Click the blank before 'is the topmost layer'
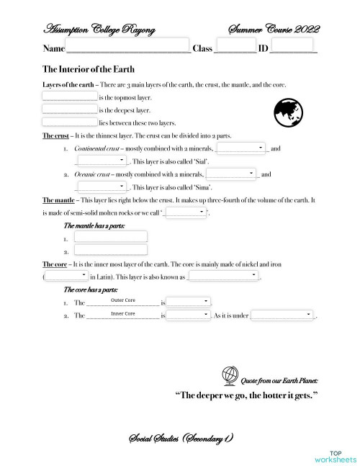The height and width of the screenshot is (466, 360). coord(69,97)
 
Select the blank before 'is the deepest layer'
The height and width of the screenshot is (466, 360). coord(69,109)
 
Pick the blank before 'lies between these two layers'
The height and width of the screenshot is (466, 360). coord(69,122)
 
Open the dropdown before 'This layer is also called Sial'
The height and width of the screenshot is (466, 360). coord(102,161)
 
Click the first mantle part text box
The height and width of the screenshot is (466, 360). coord(110,238)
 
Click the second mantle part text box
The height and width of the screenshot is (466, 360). coord(110,251)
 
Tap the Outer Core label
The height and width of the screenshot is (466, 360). coord(123,300)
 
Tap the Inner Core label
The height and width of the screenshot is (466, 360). coord(123,314)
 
